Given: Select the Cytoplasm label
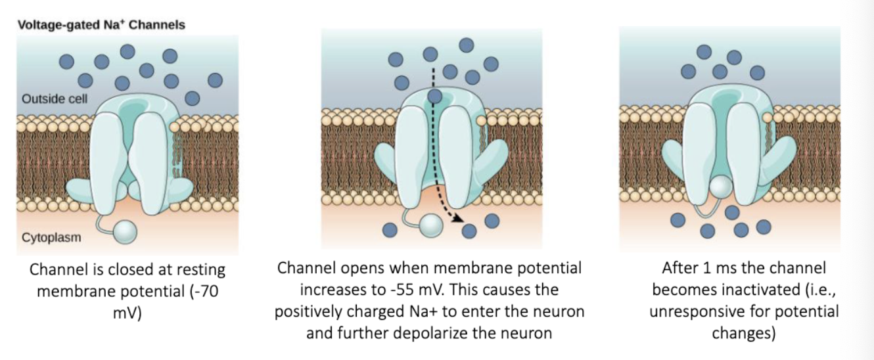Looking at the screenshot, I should (51, 237).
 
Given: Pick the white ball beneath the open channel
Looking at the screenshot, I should (431, 227).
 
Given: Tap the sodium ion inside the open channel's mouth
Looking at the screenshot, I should (434, 97).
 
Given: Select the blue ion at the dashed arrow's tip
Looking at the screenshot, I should (470, 231).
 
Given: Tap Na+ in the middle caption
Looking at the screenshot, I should (421, 311).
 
